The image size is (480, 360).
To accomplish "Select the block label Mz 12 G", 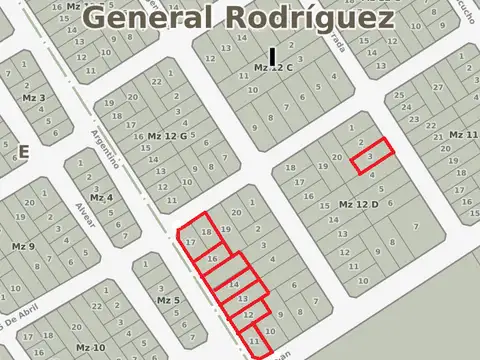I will coord(167,135).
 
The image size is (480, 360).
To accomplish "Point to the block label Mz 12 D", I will coord(359,204).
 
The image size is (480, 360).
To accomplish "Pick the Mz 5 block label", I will coord(168,300).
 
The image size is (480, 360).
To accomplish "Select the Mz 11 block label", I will coord(464,134).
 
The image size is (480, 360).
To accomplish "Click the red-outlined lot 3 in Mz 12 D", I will coord(372,157).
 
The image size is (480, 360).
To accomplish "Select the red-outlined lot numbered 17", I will coord(190,241).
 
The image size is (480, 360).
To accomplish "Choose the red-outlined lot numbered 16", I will coord(212,259).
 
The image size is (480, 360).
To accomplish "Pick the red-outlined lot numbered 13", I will coord(243,298).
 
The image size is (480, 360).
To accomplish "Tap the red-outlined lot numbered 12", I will coord(249,314).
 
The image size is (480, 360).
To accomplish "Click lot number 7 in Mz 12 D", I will coord(416,227).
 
